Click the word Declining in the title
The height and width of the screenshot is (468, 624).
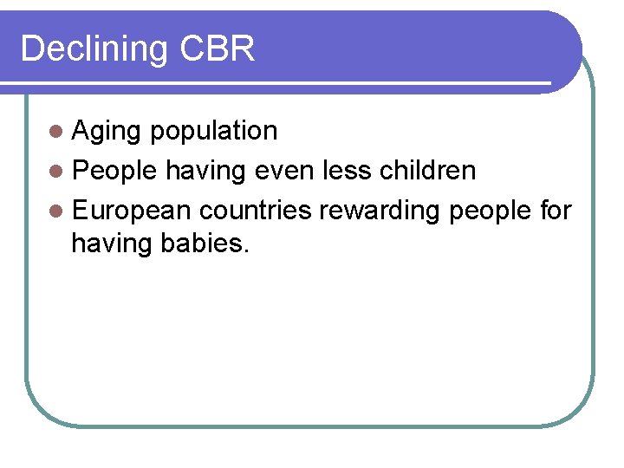click(x=94, y=49)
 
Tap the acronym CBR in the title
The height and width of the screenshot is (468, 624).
click(x=218, y=49)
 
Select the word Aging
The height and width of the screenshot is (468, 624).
click(x=107, y=132)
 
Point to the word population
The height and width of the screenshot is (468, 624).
click(x=213, y=132)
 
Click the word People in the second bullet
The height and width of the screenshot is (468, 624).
click(x=114, y=171)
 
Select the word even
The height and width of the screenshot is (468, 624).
click(x=282, y=171)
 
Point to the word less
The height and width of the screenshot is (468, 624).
click(x=346, y=171)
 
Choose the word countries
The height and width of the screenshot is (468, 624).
click(x=256, y=211)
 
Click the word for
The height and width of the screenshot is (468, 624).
click(x=554, y=210)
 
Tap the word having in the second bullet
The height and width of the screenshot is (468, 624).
click(x=207, y=172)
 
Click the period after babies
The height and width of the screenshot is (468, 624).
click(x=247, y=251)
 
